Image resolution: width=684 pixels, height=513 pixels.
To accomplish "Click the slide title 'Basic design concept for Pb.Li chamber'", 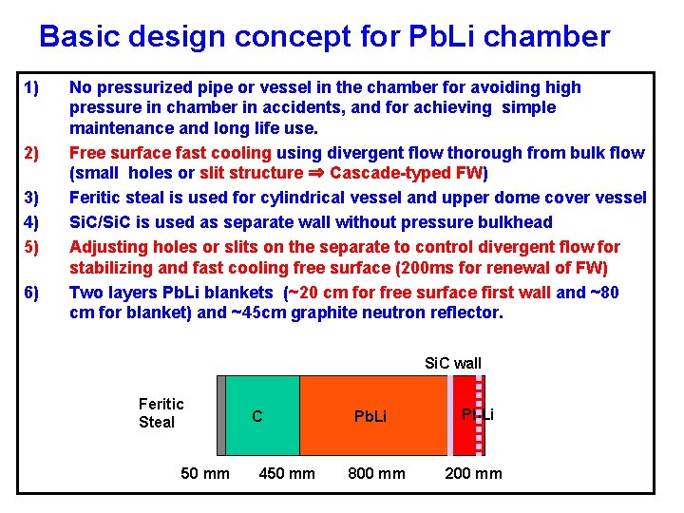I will (x=324, y=36).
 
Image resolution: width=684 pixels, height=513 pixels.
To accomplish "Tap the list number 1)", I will (x=31, y=88).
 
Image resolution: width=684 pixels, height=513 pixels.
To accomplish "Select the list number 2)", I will (x=31, y=154).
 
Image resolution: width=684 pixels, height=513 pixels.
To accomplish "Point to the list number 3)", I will (x=31, y=198).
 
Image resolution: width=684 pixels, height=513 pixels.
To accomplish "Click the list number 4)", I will (x=31, y=222).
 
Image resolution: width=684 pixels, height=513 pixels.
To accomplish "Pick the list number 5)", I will (x=31, y=247).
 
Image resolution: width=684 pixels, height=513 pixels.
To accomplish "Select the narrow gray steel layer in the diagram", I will (x=221, y=415).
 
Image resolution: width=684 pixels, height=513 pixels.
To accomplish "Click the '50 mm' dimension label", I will (x=204, y=473).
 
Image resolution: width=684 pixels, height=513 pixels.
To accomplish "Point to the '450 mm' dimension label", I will (x=287, y=473).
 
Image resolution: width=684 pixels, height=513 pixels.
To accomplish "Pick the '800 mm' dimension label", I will (x=376, y=473).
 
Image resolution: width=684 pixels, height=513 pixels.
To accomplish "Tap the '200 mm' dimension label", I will (x=474, y=473).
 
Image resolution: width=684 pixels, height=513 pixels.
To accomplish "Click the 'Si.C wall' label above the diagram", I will (x=452, y=363).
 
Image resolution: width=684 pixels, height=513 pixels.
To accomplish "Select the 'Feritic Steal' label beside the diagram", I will (x=161, y=413).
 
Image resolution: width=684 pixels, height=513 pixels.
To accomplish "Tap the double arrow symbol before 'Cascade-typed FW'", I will (x=316, y=174).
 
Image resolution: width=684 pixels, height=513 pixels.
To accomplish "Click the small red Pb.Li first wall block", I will (x=465, y=415).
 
